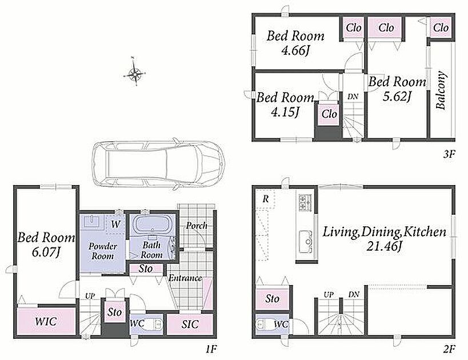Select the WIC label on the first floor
pyautogui.click(x=46, y=322)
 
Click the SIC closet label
pyautogui.click(x=190, y=324)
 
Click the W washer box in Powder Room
pyautogui.click(x=115, y=224)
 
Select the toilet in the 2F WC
pyautogui.click(x=265, y=324)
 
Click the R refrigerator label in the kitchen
pyautogui.click(x=265, y=199)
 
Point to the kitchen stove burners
pyautogui.click(x=305, y=202)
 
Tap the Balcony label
pyautogui.click(x=441, y=90)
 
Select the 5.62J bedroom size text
pyautogui.click(x=397, y=97)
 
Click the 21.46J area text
pyautogui.click(x=383, y=246)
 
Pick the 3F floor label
pyautogui.click(x=449, y=154)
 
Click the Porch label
pyautogui.click(x=197, y=226)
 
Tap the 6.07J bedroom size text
pyautogui.click(x=46, y=253)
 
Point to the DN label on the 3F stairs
pyautogui.click(x=353, y=97)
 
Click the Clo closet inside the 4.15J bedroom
pyautogui.click(x=329, y=114)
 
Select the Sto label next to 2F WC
pyautogui.click(x=272, y=298)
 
